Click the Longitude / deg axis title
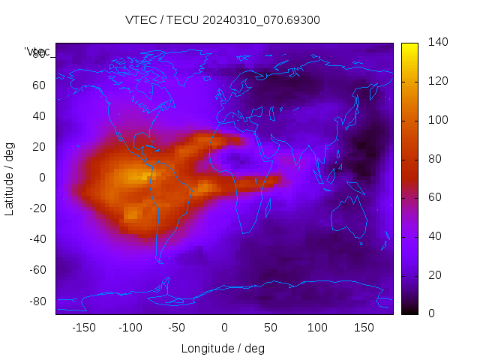coord(223,348)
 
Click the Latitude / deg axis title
coord(10,177)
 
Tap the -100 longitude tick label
coord(130,328)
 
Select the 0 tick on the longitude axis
coord(223,328)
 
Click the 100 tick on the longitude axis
coord(317,328)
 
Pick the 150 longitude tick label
coord(364,328)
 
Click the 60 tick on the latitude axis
coord(39,85)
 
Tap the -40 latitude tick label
coord(36,239)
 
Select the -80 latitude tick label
coord(36,301)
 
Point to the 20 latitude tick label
coord(39,146)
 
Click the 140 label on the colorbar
coord(438,43)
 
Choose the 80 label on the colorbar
coord(435,159)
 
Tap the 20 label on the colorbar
coord(435,275)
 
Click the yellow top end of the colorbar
coord(409,46)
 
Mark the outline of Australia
coord(349,214)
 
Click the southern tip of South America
coord(160,261)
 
